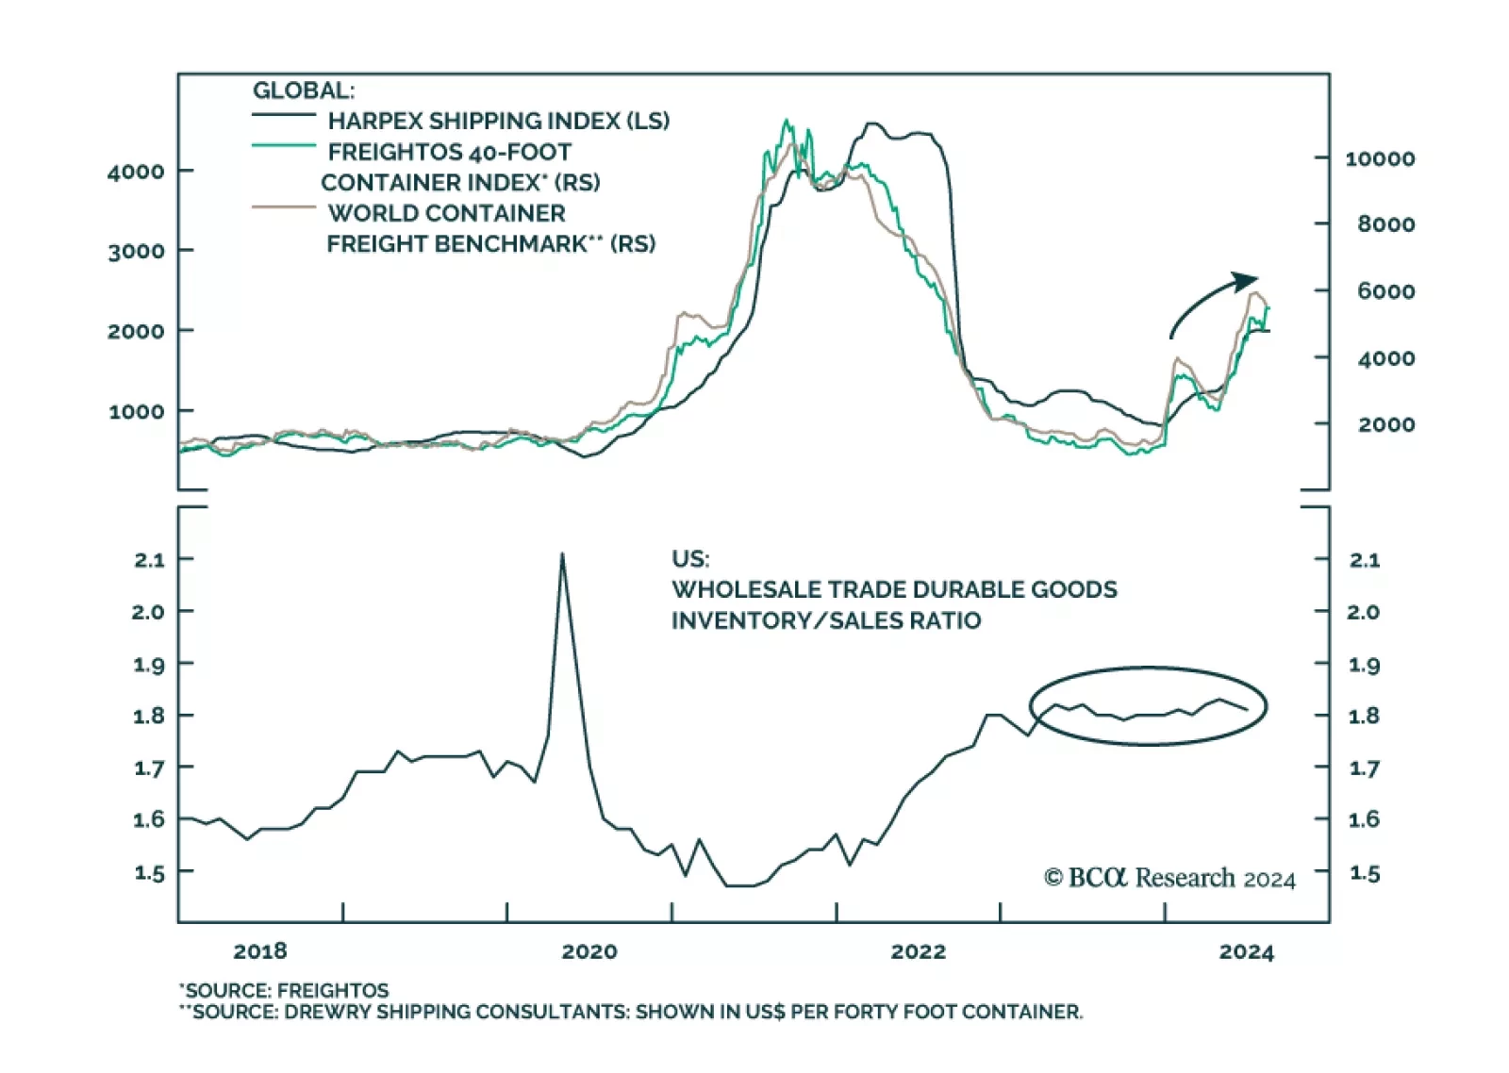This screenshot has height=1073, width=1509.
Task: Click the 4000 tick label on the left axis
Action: [x=136, y=172]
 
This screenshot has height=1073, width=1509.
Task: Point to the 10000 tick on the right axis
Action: [x=1379, y=158]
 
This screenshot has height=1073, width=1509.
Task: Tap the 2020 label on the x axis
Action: [x=589, y=951]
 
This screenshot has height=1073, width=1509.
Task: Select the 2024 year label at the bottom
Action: [x=1246, y=951]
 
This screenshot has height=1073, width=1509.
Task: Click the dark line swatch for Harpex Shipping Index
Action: [x=283, y=116]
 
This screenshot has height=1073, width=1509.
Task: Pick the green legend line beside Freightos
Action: [x=283, y=146]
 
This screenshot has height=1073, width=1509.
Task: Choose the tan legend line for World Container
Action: [x=283, y=207]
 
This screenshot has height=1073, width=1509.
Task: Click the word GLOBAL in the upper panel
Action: [x=303, y=91]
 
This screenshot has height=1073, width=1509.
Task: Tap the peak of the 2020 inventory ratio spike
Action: [x=562, y=554]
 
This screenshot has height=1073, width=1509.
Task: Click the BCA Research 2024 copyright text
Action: [x=1169, y=878]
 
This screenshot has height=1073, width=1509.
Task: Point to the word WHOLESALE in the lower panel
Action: [x=746, y=590]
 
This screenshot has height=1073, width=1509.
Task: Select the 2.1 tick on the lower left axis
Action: [x=149, y=560]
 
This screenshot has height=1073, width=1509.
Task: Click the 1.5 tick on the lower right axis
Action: [x=1364, y=873]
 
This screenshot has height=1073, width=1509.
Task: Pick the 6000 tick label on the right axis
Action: [x=1385, y=291]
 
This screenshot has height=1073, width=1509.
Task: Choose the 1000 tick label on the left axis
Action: [x=136, y=412]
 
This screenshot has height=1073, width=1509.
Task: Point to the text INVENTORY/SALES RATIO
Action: [x=825, y=620]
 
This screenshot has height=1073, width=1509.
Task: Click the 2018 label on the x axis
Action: [x=260, y=951]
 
